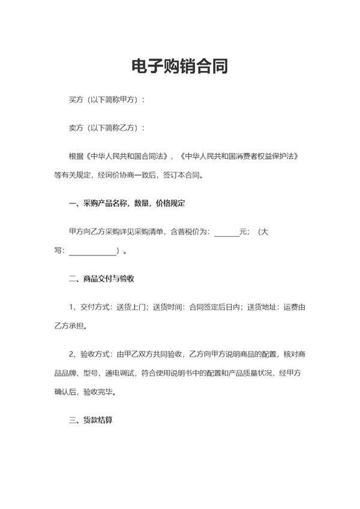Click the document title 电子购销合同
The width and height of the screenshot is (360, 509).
point(179,66)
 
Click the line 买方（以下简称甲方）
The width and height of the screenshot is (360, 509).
point(107,100)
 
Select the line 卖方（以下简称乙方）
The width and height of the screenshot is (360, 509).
point(107,128)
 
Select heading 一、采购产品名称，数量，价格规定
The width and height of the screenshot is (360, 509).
point(127,204)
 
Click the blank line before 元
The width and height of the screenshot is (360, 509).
point(226,233)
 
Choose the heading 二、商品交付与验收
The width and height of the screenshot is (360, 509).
point(101,279)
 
